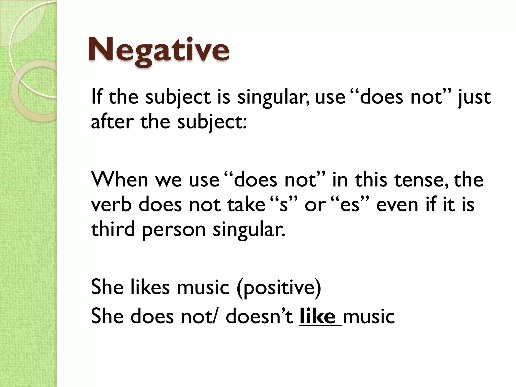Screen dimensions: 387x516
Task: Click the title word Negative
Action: click(158, 50)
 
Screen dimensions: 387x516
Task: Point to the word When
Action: click(119, 180)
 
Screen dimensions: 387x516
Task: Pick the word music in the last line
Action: click(369, 316)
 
